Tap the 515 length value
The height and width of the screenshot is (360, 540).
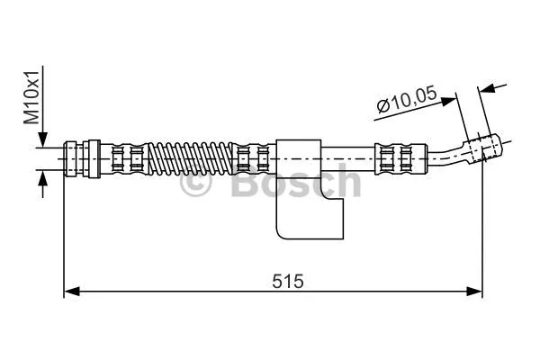[289, 280]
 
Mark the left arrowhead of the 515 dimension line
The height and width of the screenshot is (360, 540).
[71, 291]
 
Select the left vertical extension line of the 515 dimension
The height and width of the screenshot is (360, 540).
[64, 234]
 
